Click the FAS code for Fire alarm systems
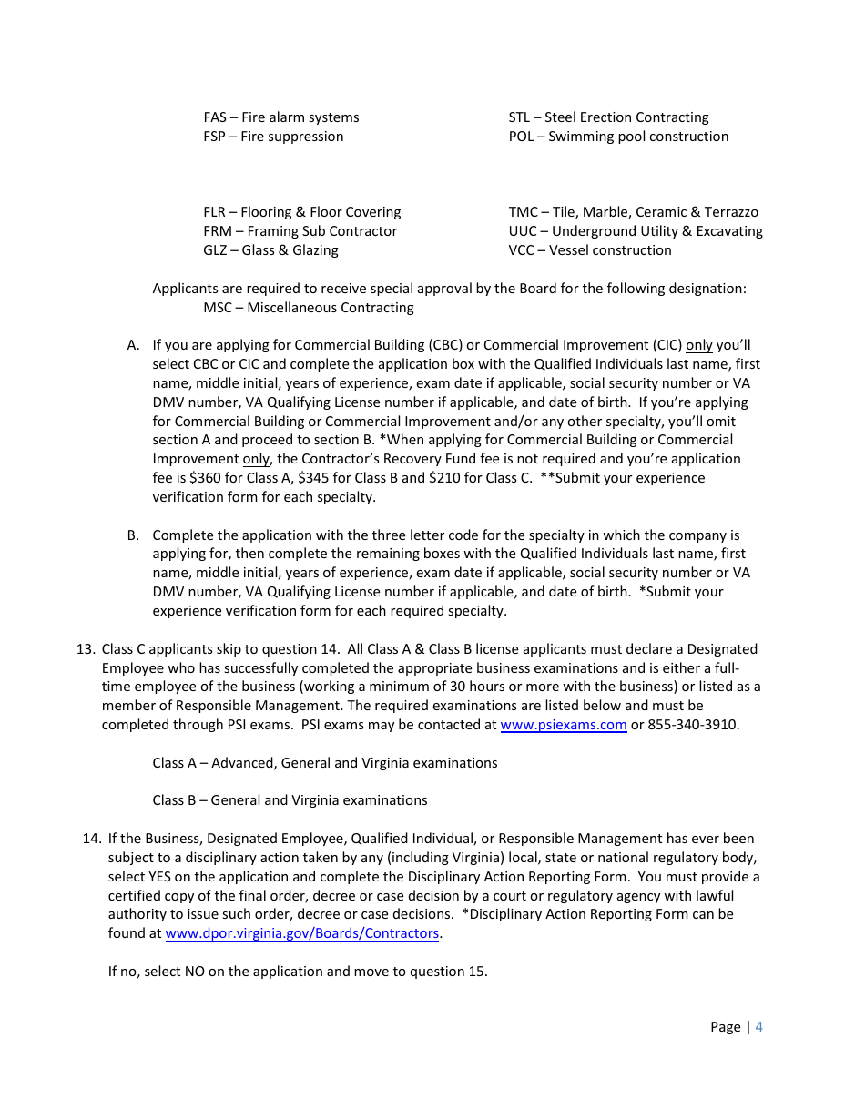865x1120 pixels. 215,117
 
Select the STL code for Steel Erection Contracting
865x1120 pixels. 519,117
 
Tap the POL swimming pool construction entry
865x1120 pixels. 618,137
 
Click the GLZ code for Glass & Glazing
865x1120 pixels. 215,250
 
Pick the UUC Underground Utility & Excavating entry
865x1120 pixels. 636,231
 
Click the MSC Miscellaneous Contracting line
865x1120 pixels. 308,308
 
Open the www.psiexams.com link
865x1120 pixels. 564,725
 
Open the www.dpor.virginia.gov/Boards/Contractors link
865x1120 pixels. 301,933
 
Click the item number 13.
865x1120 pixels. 86,649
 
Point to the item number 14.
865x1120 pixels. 91,839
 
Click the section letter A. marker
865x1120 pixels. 133,345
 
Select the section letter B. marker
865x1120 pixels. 133,535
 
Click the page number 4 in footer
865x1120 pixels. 759,1027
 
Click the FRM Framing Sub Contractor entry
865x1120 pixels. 300,231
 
